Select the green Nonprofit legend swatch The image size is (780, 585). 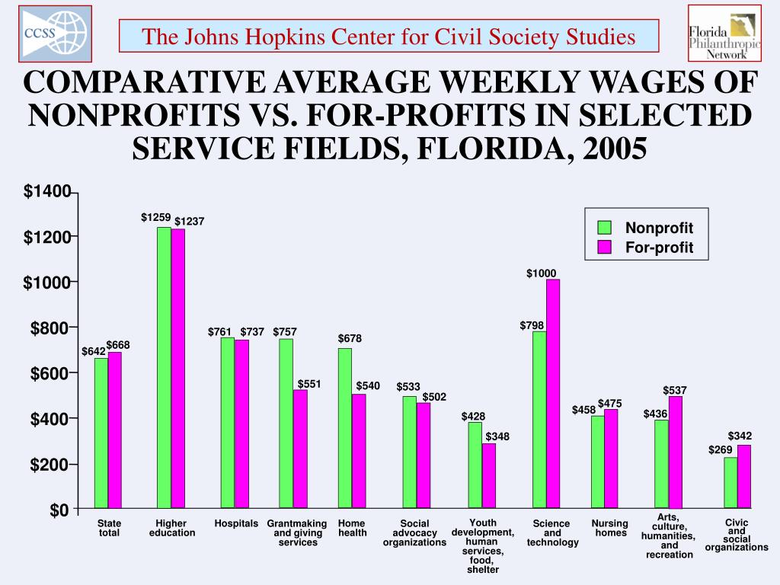pos(605,228)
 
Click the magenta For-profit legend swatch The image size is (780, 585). pos(605,248)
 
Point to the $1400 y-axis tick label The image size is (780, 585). pos(46,191)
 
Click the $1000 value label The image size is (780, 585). pos(542,273)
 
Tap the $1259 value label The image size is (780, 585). pos(155,218)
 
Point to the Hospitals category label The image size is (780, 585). pos(236,524)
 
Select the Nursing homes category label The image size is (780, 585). pos(610,528)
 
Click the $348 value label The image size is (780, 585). pos(497,436)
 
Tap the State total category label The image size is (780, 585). pos(109,528)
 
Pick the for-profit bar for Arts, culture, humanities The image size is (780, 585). pos(676,452)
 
